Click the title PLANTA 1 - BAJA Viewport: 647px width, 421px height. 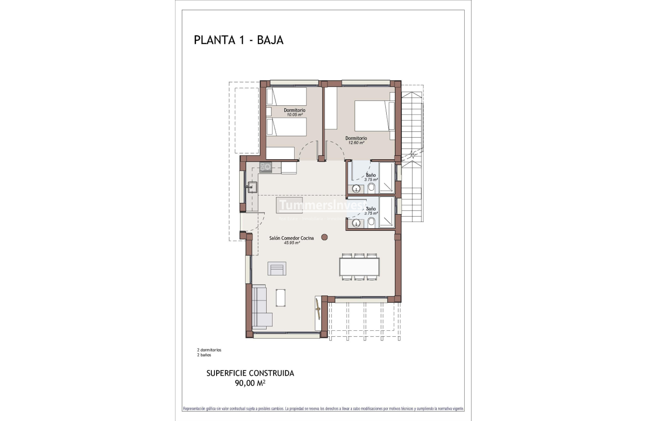point(239,40)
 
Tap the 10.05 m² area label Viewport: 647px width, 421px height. point(294,115)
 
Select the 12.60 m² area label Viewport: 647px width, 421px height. point(356,143)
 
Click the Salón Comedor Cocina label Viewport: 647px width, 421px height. point(291,238)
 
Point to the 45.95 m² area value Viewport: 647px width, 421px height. point(291,243)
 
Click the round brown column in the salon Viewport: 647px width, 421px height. point(324,237)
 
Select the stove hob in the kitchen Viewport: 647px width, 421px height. point(266,167)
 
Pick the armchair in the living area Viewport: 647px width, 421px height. point(277,269)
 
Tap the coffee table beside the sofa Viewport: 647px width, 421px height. point(282,297)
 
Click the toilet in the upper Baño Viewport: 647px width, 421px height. point(371,188)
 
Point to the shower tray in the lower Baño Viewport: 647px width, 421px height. point(386,213)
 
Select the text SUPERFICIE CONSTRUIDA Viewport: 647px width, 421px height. point(250,373)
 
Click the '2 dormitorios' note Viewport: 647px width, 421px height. point(209,350)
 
